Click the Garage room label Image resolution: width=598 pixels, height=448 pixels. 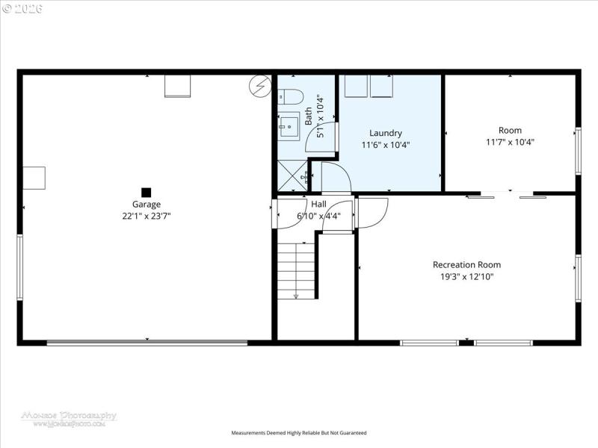(147, 204)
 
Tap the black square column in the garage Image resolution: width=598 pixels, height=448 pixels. (147, 192)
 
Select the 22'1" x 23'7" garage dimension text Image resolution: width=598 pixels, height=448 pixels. (147, 216)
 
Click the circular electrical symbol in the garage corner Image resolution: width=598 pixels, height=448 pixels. (259, 86)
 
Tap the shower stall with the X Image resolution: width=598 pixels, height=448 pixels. (292, 178)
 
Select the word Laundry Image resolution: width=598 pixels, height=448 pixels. (386, 133)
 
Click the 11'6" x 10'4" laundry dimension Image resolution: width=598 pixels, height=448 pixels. (386, 145)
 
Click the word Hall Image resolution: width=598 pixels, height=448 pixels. (318, 204)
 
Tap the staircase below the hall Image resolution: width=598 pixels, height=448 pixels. (296, 270)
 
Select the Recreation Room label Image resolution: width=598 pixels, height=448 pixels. (466, 264)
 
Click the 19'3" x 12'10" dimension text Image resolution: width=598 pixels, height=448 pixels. (466, 276)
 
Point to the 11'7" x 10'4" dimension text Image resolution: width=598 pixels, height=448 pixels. (510, 142)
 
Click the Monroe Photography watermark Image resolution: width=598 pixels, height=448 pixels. (69, 418)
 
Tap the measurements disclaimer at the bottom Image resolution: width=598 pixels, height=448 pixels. (299, 433)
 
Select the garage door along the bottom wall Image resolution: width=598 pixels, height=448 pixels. (147, 343)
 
